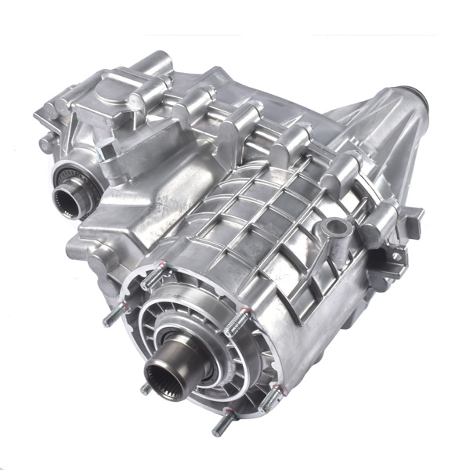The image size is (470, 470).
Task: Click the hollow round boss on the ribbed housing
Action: click(x=336, y=229)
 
